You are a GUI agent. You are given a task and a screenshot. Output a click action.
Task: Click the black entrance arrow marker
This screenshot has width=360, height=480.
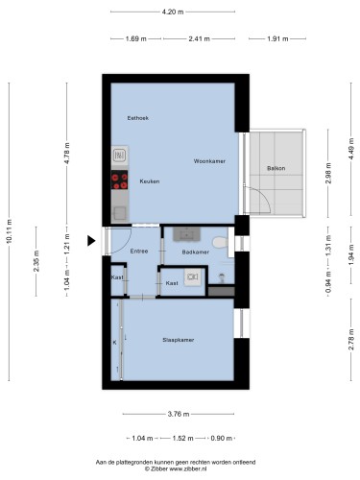91,241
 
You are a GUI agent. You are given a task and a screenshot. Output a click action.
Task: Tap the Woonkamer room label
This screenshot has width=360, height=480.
209,161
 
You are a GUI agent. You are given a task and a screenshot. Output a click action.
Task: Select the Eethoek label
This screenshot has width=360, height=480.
138,118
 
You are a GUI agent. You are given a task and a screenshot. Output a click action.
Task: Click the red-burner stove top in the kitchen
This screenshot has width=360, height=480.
119,180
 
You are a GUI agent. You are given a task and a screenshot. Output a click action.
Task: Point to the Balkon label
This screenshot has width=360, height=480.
276,168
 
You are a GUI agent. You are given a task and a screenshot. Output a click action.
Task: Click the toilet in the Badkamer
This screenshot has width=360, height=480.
220,242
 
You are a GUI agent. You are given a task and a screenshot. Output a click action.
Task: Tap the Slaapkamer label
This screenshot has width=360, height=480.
179,340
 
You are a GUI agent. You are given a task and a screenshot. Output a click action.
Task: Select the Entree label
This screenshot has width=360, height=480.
139,252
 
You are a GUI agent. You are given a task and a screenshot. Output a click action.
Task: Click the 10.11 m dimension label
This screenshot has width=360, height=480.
9,232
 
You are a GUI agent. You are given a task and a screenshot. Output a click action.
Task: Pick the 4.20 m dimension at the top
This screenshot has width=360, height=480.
173,12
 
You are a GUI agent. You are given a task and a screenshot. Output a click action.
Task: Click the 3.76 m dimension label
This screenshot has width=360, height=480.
179,414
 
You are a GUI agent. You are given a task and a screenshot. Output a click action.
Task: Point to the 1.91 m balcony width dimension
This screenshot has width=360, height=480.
277,38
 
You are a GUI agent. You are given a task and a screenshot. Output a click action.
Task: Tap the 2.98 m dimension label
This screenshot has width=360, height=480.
328,173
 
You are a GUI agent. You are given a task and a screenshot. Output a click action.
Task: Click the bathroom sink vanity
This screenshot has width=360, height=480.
186,234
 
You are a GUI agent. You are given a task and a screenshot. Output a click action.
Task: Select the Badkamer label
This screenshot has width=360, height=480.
196,252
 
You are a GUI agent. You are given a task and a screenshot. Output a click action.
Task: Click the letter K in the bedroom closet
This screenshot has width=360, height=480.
114,343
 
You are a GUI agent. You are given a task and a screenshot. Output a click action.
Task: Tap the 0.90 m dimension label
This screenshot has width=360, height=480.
222,439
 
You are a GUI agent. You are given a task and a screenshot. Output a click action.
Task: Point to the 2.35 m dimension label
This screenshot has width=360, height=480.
36,261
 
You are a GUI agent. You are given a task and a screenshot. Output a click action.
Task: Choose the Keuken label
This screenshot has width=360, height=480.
150,181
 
